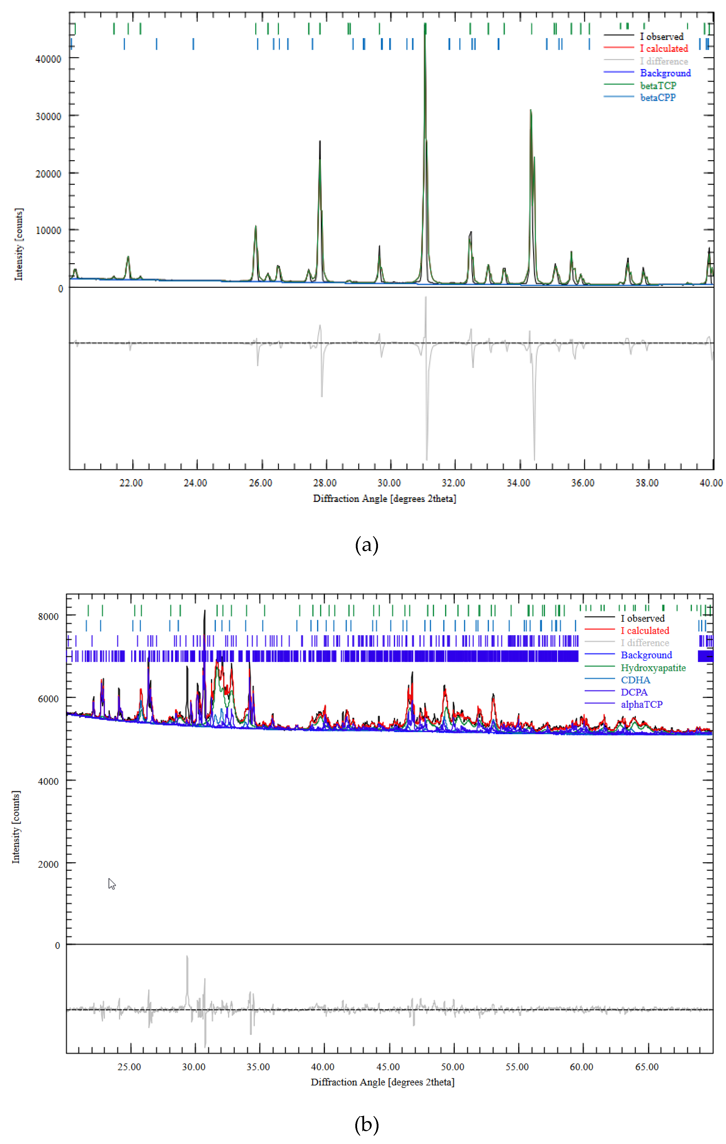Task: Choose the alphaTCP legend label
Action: coord(641,704)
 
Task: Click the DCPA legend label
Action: coord(634,692)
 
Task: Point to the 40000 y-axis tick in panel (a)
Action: coord(48,59)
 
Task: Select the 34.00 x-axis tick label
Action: coord(518,483)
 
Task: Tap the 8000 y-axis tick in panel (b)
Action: coord(48,617)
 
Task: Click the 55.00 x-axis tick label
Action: coord(517,1067)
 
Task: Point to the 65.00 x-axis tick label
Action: coord(647,1067)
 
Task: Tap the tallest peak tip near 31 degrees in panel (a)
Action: coord(425,25)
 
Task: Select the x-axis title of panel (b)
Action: coord(383,1082)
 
